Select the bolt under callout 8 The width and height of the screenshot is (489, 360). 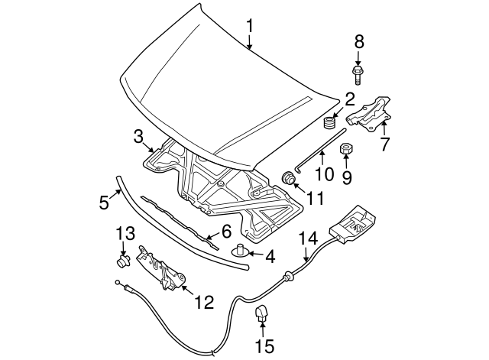pyautogui.click(x=358, y=75)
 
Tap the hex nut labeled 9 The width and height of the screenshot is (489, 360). pyautogui.click(x=345, y=150)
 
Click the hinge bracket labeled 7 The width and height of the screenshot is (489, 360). pyautogui.click(x=370, y=114)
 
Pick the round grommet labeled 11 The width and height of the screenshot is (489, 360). pyautogui.click(x=289, y=178)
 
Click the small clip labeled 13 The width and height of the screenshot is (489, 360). pyautogui.click(x=123, y=260)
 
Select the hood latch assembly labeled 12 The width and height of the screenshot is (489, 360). pyautogui.click(x=161, y=268)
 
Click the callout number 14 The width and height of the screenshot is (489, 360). pyautogui.click(x=308, y=238)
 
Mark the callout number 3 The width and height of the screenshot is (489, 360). pyautogui.click(x=138, y=137)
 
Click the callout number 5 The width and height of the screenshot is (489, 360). pyautogui.click(x=104, y=202)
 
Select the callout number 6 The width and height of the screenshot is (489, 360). pyautogui.click(x=226, y=232)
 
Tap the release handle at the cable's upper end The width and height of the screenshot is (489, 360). pyautogui.click(x=351, y=224)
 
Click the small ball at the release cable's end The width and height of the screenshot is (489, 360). pyautogui.click(x=117, y=282)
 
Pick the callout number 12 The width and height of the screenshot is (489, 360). pyautogui.click(x=204, y=302)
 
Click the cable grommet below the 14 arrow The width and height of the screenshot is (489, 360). pyautogui.click(x=289, y=276)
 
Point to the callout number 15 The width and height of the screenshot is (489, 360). pyautogui.click(x=265, y=346)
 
